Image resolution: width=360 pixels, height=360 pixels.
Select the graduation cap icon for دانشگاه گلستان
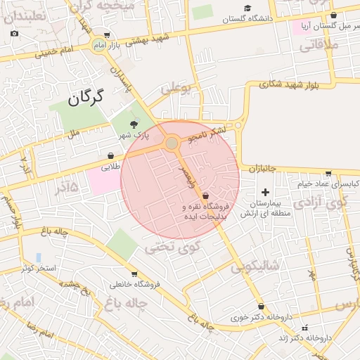coord(247,8)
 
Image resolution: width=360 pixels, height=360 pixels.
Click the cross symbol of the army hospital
coord(265,192)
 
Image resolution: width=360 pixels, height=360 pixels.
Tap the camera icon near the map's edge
coord(15,33)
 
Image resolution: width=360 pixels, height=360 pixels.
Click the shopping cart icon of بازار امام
coord(105,35)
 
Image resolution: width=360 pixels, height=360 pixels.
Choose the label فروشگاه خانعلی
coord(135,284)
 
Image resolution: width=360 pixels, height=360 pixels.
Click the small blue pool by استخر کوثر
coord(38,257)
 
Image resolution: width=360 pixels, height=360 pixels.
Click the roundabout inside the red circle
coord(172,143)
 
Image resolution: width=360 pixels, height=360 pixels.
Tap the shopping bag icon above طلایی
coord(111,155)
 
